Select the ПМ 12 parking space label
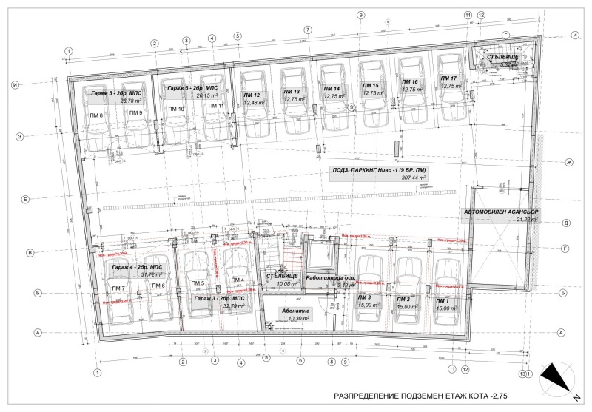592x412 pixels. [x=252, y=95]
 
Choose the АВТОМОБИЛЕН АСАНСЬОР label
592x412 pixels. [x=501, y=212]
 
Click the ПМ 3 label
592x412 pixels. [x=365, y=298]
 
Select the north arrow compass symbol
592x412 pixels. [x=556, y=378]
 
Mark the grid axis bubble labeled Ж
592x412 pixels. [x=569, y=162]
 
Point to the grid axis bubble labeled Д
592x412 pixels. [x=565, y=222]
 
